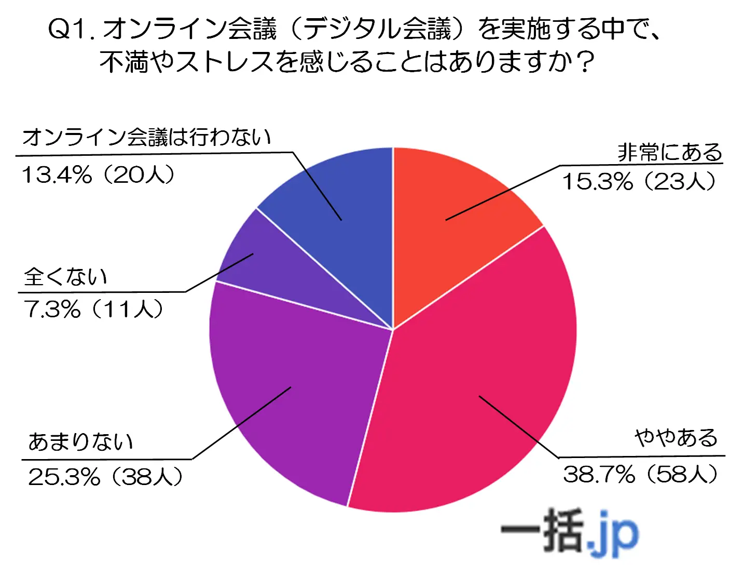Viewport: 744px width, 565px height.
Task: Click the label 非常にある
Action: [670, 153]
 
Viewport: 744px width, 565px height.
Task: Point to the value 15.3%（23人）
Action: [639, 182]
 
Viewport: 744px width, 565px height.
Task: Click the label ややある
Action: [676, 438]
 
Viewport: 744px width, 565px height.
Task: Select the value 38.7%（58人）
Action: [641, 474]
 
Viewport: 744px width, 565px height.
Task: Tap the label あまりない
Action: [81, 442]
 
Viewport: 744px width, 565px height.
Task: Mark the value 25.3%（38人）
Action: [105, 477]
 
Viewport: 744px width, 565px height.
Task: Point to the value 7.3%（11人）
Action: [93, 310]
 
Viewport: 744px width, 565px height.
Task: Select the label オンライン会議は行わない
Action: [146, 137]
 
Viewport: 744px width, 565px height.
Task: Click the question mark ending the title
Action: [585, 62]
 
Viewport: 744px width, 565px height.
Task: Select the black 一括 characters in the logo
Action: [542, 531]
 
